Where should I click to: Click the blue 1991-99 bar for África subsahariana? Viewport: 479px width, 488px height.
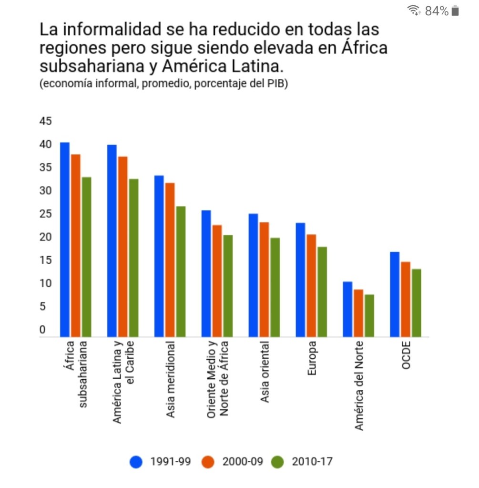click(x=65, y=239)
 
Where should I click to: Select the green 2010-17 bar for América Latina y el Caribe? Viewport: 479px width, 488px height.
click(x=133, y=258)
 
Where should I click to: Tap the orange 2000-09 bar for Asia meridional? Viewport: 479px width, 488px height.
click(x=170, y=260)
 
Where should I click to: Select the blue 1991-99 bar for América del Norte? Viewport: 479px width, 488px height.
click(x=347, y=309)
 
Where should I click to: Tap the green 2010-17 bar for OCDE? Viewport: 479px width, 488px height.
click(x=417, y=303)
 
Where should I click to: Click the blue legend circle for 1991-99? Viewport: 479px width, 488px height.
click(x=137, y=462)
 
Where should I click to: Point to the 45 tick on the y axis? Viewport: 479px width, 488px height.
click(x=45, y=121)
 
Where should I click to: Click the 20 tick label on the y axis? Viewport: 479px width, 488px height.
click(x=45, y=237)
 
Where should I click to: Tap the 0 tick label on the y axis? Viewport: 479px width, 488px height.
click(x=42, y=330)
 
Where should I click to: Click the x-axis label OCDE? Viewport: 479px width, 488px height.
click(x=406, y=356)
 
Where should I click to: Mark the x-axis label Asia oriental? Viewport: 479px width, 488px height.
click(x=265, y=372)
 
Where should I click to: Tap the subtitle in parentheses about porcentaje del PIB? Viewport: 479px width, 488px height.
click(x=164, y=84)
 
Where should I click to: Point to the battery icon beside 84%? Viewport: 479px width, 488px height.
click(x=455, y=11)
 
